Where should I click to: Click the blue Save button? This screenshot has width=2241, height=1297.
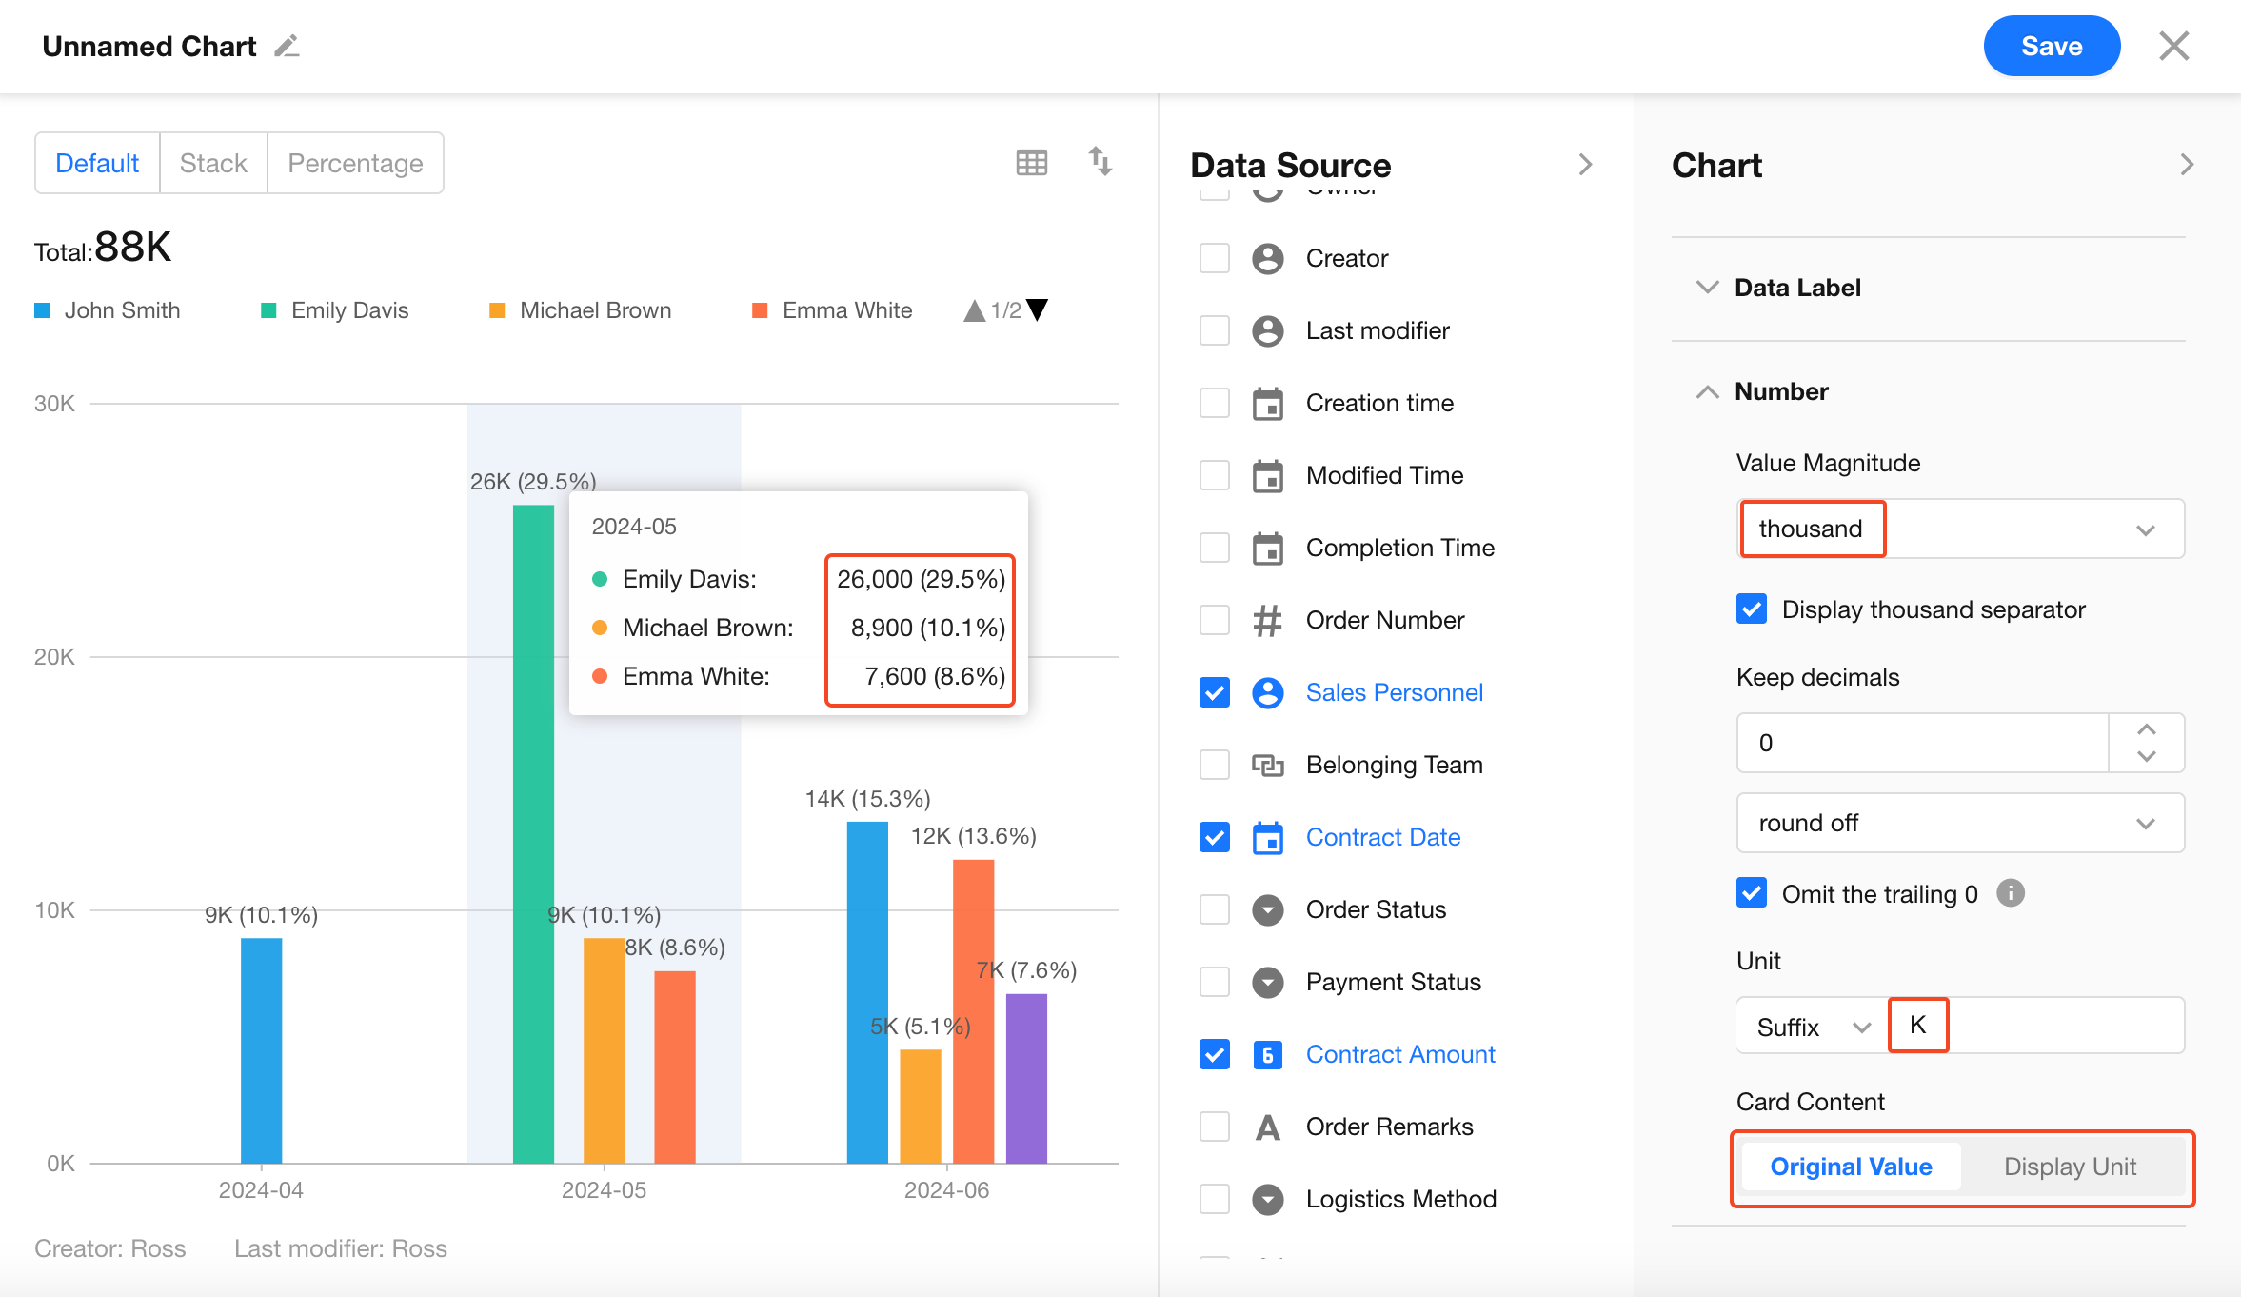[2052, 46]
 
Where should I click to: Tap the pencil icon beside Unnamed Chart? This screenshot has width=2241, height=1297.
[287, 46]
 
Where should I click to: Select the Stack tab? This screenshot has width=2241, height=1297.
[213, 163]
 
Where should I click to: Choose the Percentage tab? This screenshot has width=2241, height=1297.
[355, 163]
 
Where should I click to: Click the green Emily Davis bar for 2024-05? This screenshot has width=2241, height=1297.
[533, 833]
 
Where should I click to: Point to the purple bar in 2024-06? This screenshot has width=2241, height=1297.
[1026, 1078]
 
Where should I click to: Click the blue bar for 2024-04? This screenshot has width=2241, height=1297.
[261, 1050]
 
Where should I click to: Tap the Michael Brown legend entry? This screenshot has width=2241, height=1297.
[581, 310]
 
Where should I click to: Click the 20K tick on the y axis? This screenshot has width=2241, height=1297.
[54, 657]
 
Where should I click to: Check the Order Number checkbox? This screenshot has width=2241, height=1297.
[1215, 620]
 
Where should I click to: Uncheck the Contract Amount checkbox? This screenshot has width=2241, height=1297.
[1215, 1054]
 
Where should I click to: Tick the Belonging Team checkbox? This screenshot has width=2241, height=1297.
[1215, 765]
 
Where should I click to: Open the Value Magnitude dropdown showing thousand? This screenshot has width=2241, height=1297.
[1960, 529]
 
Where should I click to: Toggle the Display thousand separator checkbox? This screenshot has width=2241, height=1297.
[1752, 609]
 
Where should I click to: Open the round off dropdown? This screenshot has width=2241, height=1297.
[1960, 823]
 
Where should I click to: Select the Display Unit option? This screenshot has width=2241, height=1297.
[2070, 1167]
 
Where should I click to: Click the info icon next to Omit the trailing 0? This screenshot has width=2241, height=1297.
[2011, 893]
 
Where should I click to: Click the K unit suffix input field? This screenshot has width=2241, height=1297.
[2037, 1026]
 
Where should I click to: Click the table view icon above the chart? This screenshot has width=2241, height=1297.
[1031, 163]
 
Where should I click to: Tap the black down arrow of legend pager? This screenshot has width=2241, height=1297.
[1037, 309]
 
